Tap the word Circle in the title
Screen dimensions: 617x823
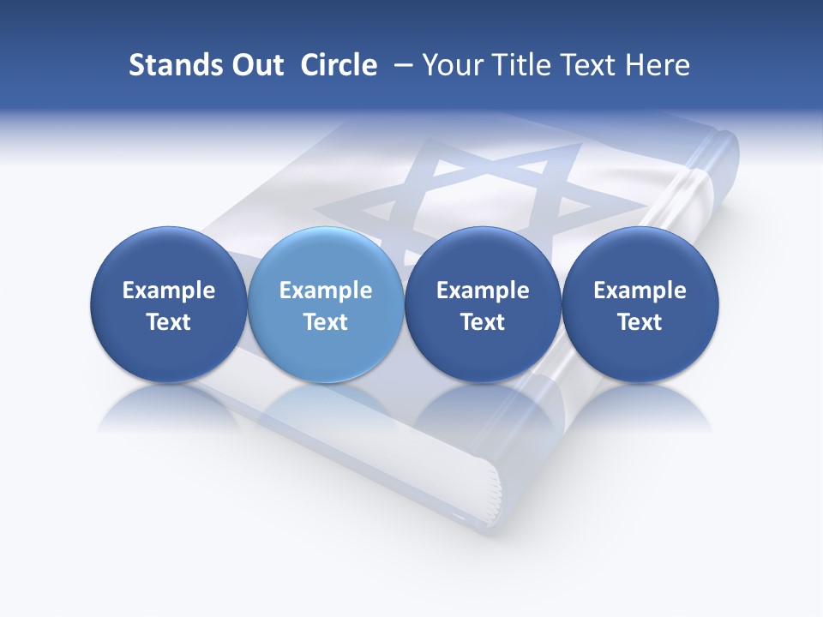click(339, 65)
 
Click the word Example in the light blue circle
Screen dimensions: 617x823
click(326, 291)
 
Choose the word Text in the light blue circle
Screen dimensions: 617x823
click(326, 322)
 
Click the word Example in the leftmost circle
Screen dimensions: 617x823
click(169, 291)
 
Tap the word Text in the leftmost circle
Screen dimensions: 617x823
click(169, 322)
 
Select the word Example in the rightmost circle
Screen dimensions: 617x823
click(640, 291)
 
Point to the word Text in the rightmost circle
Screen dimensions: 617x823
click(640, 322)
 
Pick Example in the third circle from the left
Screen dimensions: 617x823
click(483, 291)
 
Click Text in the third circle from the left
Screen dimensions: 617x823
click(483, 322)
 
